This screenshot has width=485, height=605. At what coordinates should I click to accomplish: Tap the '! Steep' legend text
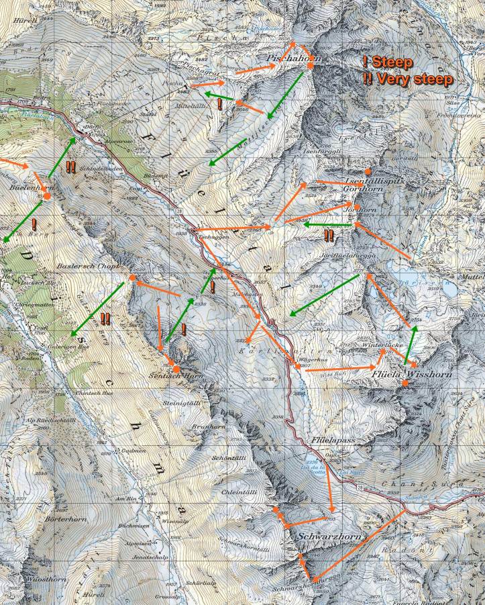(388, 62)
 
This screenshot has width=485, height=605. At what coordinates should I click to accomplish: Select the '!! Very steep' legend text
(407, 79)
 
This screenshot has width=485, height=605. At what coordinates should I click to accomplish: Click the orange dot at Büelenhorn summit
(48, 195)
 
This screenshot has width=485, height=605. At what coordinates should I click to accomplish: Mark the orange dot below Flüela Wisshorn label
(405, 383)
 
